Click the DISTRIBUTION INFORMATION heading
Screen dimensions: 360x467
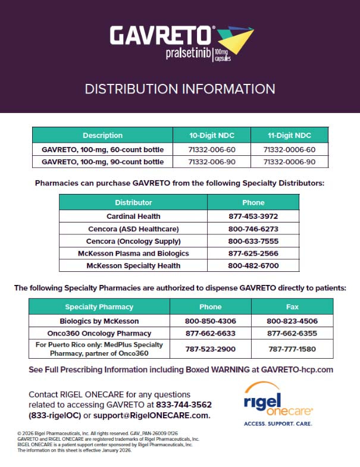point(180,89)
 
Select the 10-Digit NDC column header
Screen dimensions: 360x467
point(211,135)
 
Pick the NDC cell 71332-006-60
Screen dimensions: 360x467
point(211,149)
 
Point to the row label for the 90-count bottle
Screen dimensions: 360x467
point(102,161)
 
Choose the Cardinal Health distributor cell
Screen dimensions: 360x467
point(133,216)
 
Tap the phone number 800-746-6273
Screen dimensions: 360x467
point(253,228)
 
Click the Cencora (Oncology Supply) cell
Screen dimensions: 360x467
point(133,241)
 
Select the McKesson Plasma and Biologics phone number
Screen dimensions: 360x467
point(253,253)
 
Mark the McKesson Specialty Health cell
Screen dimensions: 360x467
point(133,265)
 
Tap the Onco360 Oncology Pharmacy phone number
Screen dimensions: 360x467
point(211,333)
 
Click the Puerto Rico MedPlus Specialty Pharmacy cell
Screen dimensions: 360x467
point(99,349)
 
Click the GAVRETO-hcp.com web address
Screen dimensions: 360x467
point(297,369)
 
